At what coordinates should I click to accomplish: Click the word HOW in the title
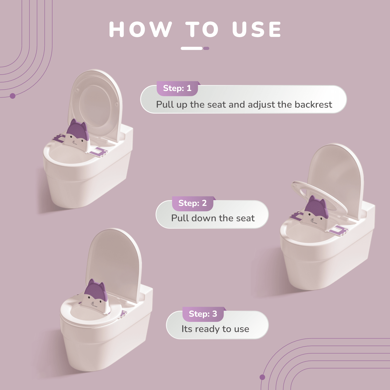pos(140,29)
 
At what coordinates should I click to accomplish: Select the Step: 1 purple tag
pos(177,88)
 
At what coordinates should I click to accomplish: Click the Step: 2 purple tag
pos(192,203)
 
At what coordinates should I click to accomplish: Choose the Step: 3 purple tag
pos(203,314)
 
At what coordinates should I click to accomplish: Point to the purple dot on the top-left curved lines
pos(12,96)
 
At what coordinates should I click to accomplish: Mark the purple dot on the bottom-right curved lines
pos(262,377)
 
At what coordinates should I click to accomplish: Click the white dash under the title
pos(192,48)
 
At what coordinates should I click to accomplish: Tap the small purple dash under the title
pos(206,48)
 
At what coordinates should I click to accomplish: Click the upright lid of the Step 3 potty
pos(114,263)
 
